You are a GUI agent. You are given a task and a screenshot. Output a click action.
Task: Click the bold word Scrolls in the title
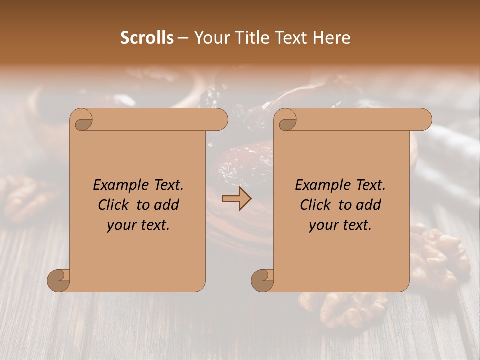pos(147,38)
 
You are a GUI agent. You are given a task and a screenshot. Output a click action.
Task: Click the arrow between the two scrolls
pos(237,198)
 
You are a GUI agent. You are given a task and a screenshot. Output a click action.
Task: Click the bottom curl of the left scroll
pos(58,280)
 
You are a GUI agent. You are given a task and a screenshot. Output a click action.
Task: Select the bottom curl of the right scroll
pos(262,280)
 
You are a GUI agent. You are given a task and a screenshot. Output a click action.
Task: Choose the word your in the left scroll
pos(120,225)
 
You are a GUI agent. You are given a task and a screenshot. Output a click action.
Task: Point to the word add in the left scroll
pos(167,205)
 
